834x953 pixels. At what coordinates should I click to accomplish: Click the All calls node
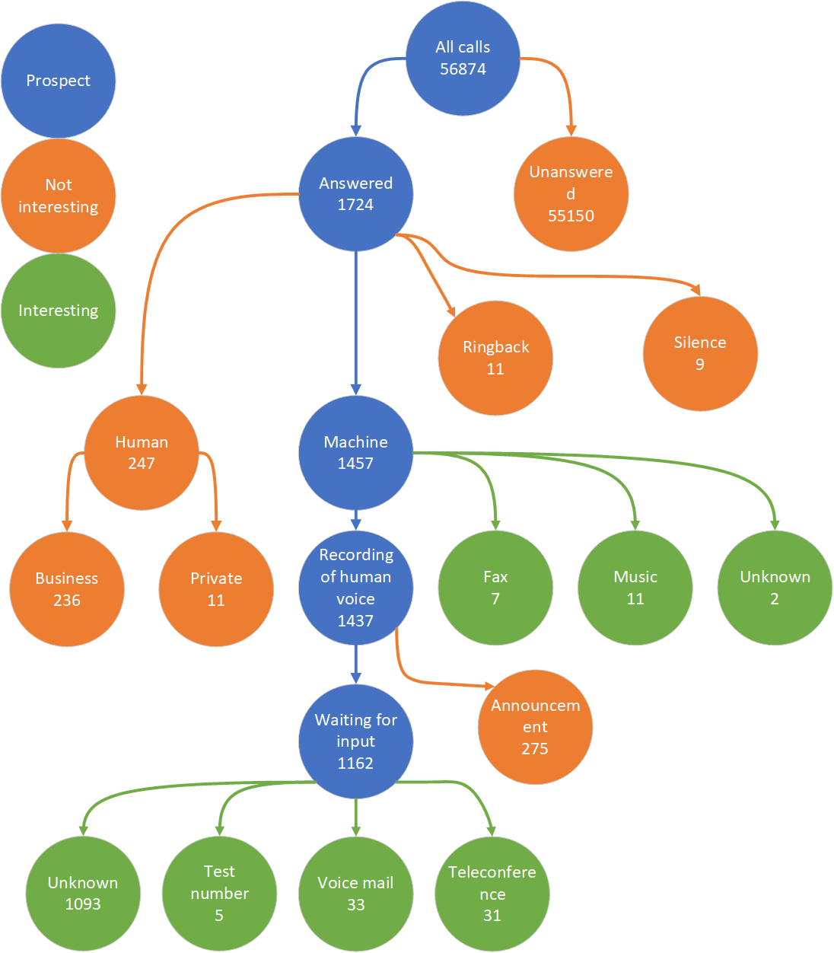coord(463,59)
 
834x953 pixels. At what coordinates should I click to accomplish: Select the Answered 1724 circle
coord(355,194)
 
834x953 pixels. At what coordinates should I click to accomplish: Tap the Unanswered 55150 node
coord(571,194)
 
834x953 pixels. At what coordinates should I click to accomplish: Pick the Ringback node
coord(495,358)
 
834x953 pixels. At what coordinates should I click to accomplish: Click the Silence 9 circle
coord(700,354)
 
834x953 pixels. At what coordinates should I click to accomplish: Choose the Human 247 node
coord(142,453)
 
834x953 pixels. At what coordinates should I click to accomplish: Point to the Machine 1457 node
coord(355,453)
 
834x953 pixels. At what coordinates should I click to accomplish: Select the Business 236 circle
coord(67,589)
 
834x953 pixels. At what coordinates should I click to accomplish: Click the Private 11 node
coord(216,589)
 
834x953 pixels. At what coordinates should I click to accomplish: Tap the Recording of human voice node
coord(355,588)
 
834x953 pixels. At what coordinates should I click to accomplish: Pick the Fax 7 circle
coord(495,588)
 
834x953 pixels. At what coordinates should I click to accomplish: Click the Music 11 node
coord(635,588)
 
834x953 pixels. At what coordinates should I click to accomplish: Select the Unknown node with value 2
coord(775,588)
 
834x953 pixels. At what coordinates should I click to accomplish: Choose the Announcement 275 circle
coord(535,727)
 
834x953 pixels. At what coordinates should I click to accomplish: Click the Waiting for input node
coord(355,741)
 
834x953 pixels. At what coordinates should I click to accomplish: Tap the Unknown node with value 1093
coord(83,894)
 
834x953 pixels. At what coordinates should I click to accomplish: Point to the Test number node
coord(219,894)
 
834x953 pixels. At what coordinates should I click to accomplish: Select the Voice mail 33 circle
coord(355,894)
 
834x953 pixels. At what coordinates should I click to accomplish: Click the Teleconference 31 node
coord(492,894)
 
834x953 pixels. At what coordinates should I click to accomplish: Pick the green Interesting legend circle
coord(59,311)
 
